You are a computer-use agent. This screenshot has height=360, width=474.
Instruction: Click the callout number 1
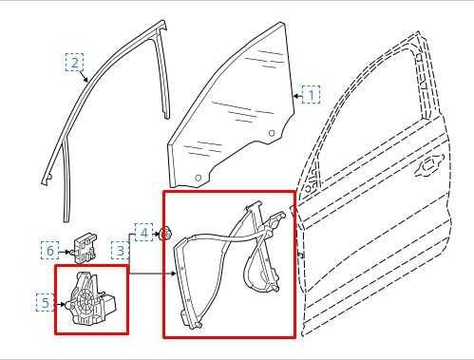coord(311,95)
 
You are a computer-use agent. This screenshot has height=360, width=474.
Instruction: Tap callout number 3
coord(121,251)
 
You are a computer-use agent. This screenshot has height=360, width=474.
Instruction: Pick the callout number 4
coord(143,232)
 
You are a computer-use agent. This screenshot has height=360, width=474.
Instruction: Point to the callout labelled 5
coord(45,303)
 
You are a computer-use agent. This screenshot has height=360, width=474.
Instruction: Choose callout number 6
coord(49,251)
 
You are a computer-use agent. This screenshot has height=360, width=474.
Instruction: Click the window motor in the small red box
coord(91,299)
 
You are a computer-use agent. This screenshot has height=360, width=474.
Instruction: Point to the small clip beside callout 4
coord(165,233)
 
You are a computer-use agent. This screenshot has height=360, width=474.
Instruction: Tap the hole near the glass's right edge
coord(272,131)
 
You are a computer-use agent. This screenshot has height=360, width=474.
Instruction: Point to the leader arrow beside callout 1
coord(297,95)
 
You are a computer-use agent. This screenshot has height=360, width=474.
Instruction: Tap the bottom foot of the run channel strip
coord(44,178)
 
